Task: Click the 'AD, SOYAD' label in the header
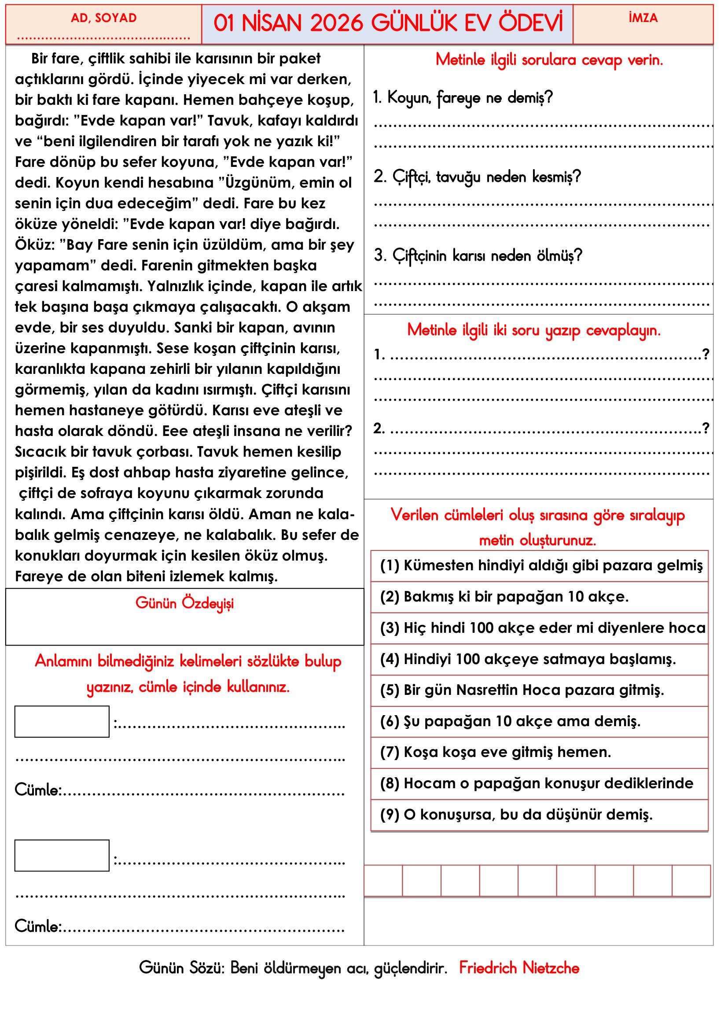point(103,18)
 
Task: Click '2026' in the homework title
point(336,23)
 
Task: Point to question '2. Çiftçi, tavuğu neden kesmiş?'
point(478,177)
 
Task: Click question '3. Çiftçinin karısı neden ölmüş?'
point(478,255)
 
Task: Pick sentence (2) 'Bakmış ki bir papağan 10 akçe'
point(504,597)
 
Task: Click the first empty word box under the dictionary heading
point(62,722)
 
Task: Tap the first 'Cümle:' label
point(38,790)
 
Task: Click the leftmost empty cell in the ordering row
point(383,881)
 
